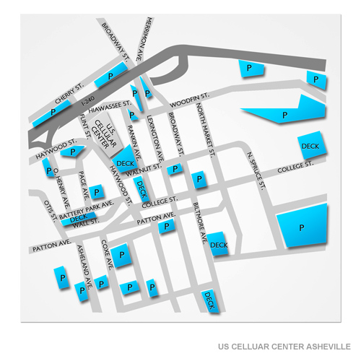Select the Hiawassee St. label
[x=109, y=103]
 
